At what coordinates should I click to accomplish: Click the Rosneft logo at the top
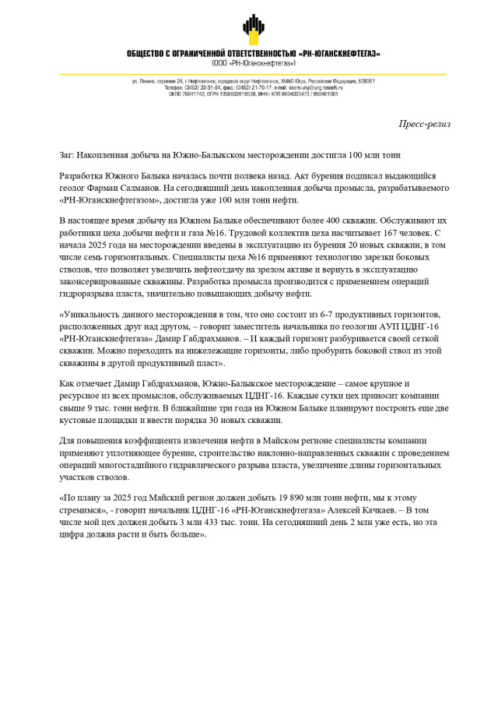pos(253,30)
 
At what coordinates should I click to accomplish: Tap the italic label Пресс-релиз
pos(424,124)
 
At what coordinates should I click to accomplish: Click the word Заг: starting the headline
pos(69,155)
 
